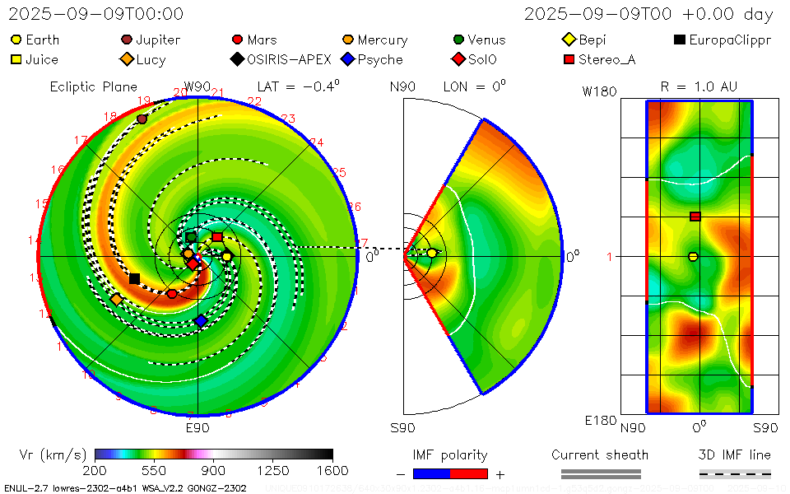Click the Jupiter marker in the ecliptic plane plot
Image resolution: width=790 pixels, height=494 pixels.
[x=142, y=119]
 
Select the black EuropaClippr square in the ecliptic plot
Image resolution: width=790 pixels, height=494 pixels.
[x=134, y=279]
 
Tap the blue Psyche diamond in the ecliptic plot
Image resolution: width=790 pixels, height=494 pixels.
[x=200, y=321]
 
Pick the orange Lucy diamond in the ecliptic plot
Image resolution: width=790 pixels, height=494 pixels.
[x=116, y=299]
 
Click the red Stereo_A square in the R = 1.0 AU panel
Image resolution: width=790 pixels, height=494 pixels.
[x=695, y=217]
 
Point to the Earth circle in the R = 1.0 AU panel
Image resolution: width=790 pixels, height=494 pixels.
[x=693, y=257]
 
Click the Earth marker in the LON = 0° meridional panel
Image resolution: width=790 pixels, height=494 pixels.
[x=431, y=253]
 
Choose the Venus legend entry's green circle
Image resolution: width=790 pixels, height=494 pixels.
[x=458, y=40]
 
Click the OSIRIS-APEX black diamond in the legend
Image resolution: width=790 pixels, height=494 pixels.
[x=237, y=59]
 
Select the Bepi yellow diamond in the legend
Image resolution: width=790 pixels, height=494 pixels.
[x=569, y=40]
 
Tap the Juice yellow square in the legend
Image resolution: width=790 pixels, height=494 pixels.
[x=16, y=59]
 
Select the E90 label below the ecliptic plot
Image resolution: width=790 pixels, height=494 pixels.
[x=197, y=427]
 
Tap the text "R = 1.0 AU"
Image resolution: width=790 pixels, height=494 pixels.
[x=699, y=86]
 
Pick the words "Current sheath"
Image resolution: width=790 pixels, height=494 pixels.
[x=600, y=454]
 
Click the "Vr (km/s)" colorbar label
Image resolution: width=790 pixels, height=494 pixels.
[x=52, y=454]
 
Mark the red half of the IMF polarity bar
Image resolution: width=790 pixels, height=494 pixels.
[x=469, y=473]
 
